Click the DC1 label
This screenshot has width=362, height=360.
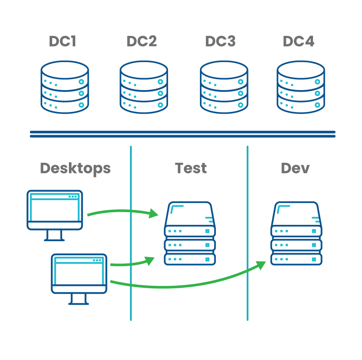[x=63, y=41]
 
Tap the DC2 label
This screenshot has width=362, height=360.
[x=141, y=41]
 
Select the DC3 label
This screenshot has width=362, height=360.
[x=220, y=41]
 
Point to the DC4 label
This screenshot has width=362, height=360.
[x=298, y=41]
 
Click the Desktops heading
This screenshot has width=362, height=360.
[x=75, y=168]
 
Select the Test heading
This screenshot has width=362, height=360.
[x=191, y=168]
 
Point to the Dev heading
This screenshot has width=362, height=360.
[x=295, y=168]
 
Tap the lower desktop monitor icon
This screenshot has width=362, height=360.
[x=79, y=273]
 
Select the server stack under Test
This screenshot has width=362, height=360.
[x=190, y=234]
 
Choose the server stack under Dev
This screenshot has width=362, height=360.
[x=296, y=234]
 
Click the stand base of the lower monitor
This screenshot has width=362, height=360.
[x=78, y=303]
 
